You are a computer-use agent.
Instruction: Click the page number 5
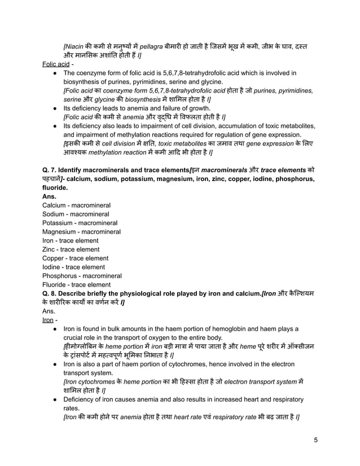coord(317,439)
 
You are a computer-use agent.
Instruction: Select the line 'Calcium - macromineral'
coord(76,205)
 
